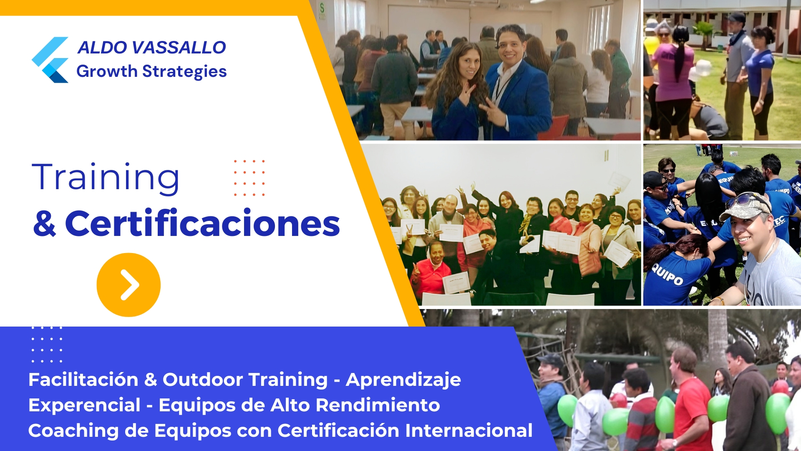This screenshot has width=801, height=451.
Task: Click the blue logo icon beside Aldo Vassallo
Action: tap(50, 60)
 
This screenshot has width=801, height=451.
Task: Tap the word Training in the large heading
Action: tap(106, 178)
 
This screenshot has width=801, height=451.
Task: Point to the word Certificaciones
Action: tap(202, 224)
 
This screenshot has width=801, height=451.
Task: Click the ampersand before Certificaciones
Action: tap(45, 224)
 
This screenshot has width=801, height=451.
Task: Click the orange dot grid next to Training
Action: tap(249, 178)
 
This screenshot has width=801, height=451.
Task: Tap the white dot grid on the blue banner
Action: tap(47, 344)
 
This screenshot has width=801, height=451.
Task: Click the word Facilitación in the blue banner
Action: tap(83, 380)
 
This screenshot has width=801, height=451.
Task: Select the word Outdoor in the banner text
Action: tap(203, 380)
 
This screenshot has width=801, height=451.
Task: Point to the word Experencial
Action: tap(84, 405)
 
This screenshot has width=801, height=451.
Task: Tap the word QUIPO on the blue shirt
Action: tap(667, 276)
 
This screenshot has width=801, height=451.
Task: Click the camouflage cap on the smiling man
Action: tap(745, 205)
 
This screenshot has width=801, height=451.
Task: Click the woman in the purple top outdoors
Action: tap(673, 79)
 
